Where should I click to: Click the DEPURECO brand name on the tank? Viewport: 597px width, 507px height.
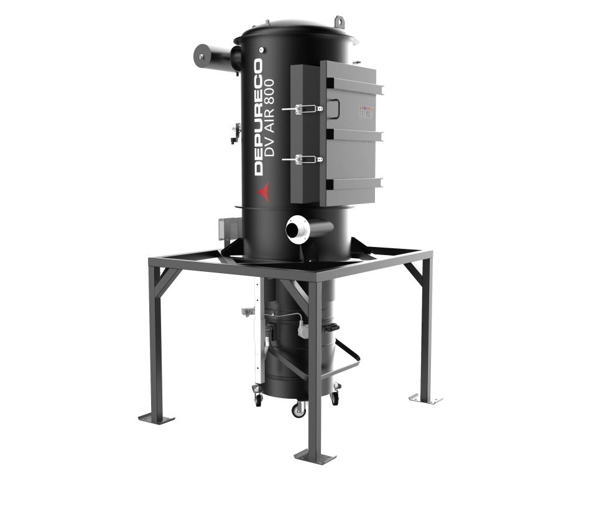coord(259,116)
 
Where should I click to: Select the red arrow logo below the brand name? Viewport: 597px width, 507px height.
coord(263,191)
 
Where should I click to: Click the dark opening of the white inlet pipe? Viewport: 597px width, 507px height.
coord(294,230)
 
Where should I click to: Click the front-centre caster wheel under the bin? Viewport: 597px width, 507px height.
coord(298,410)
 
